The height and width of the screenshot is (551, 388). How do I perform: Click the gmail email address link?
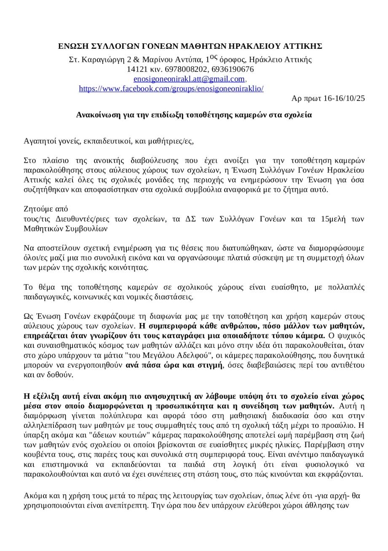[x=189, y=79]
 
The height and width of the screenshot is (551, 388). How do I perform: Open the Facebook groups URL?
[x=171, y=89]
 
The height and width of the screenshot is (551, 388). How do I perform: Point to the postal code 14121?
[x=136, y=69]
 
